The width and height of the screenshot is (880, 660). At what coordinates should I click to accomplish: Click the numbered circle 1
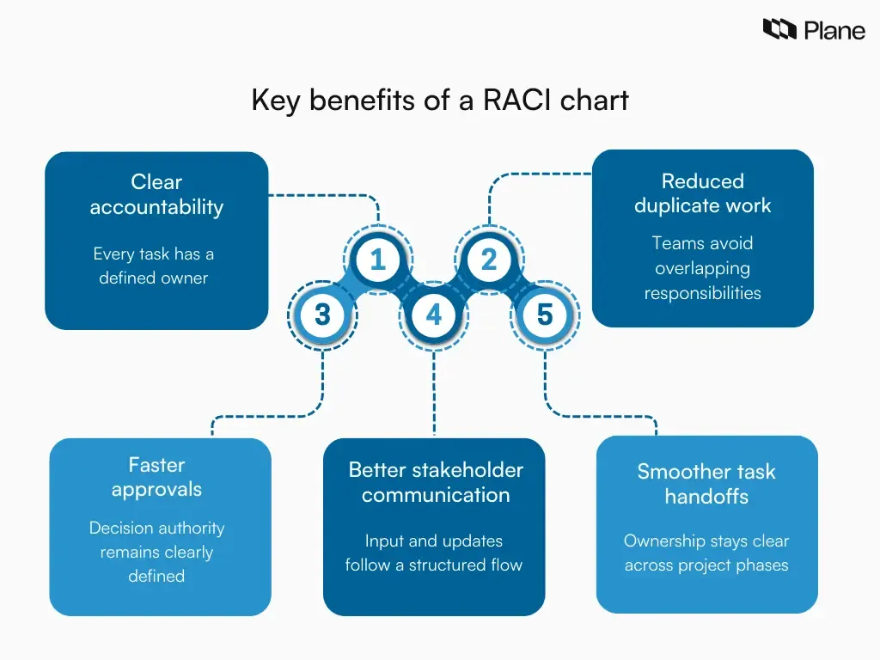(378, 260)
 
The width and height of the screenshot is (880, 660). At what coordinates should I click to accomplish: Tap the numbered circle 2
(489, 260)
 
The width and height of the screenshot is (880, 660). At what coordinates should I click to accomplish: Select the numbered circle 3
(322, 315)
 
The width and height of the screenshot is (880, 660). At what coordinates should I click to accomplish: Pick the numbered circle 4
(434, 315)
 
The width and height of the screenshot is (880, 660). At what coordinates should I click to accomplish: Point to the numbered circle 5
(545, 315)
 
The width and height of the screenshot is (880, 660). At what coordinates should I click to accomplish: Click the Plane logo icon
(779, 30)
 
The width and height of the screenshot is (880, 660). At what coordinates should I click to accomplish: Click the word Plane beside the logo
(834, 31)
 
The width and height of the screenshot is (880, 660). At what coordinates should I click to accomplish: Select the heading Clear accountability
(156, 194)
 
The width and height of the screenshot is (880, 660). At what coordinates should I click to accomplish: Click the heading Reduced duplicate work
(703, 193)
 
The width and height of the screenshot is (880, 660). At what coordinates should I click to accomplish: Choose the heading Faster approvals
(156, 477)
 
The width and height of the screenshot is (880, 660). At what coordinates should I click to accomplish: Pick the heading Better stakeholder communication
(436, 482)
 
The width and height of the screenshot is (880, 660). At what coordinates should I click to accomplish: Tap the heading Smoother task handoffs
(706, 484)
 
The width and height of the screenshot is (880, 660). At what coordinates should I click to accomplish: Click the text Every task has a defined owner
(153, 266)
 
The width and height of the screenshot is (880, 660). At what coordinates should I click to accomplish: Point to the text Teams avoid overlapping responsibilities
(703, 268)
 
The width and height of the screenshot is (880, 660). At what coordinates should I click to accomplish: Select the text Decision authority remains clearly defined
(156, 552)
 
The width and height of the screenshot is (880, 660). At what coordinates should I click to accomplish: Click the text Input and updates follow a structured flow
(434, 553)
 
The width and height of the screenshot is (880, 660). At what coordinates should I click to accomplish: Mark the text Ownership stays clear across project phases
(706, 553)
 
